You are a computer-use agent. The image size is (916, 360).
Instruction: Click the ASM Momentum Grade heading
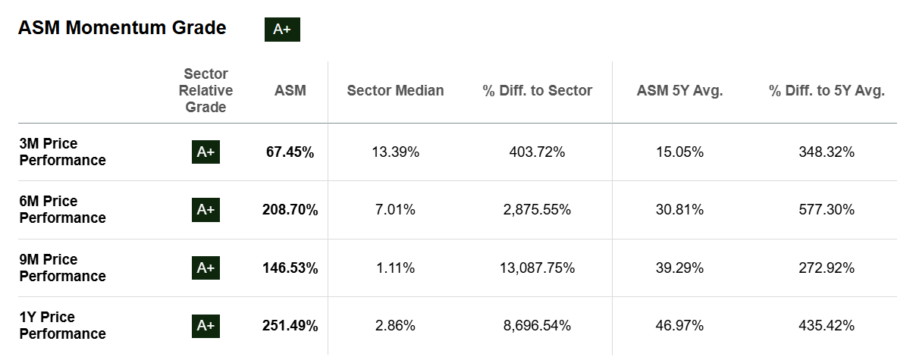(122, 28)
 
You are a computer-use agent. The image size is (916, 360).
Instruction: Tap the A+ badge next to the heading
(282, 30)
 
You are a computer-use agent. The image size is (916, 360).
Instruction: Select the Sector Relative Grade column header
(205, 91)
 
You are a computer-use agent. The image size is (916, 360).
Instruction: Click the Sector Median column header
(395, 91)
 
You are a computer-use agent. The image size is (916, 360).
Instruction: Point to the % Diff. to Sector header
(537, 91)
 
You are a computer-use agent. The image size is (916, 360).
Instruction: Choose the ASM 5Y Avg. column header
(679, 91)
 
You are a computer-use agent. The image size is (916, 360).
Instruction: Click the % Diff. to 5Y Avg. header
(827, 91)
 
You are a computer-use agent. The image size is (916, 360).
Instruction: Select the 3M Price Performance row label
(62, 152)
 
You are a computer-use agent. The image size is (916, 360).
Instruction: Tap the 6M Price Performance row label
(62, 210)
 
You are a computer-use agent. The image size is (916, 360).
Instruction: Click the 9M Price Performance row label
(62, 268)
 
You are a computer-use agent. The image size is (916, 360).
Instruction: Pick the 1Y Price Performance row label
(62, 326)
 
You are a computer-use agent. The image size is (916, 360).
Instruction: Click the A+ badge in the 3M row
(205, 152)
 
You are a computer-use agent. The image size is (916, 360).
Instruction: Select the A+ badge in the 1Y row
(205, 326)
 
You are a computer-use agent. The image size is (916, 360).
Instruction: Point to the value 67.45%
(290, 152)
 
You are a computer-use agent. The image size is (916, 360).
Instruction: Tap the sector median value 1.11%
(395, 268)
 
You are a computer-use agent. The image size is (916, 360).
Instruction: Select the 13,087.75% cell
(537, 268)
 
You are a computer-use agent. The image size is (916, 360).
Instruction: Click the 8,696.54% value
(537, 326)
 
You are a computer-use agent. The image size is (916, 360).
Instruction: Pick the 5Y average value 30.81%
(679, 210)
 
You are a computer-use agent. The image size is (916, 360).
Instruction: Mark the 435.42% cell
(827, 326)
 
